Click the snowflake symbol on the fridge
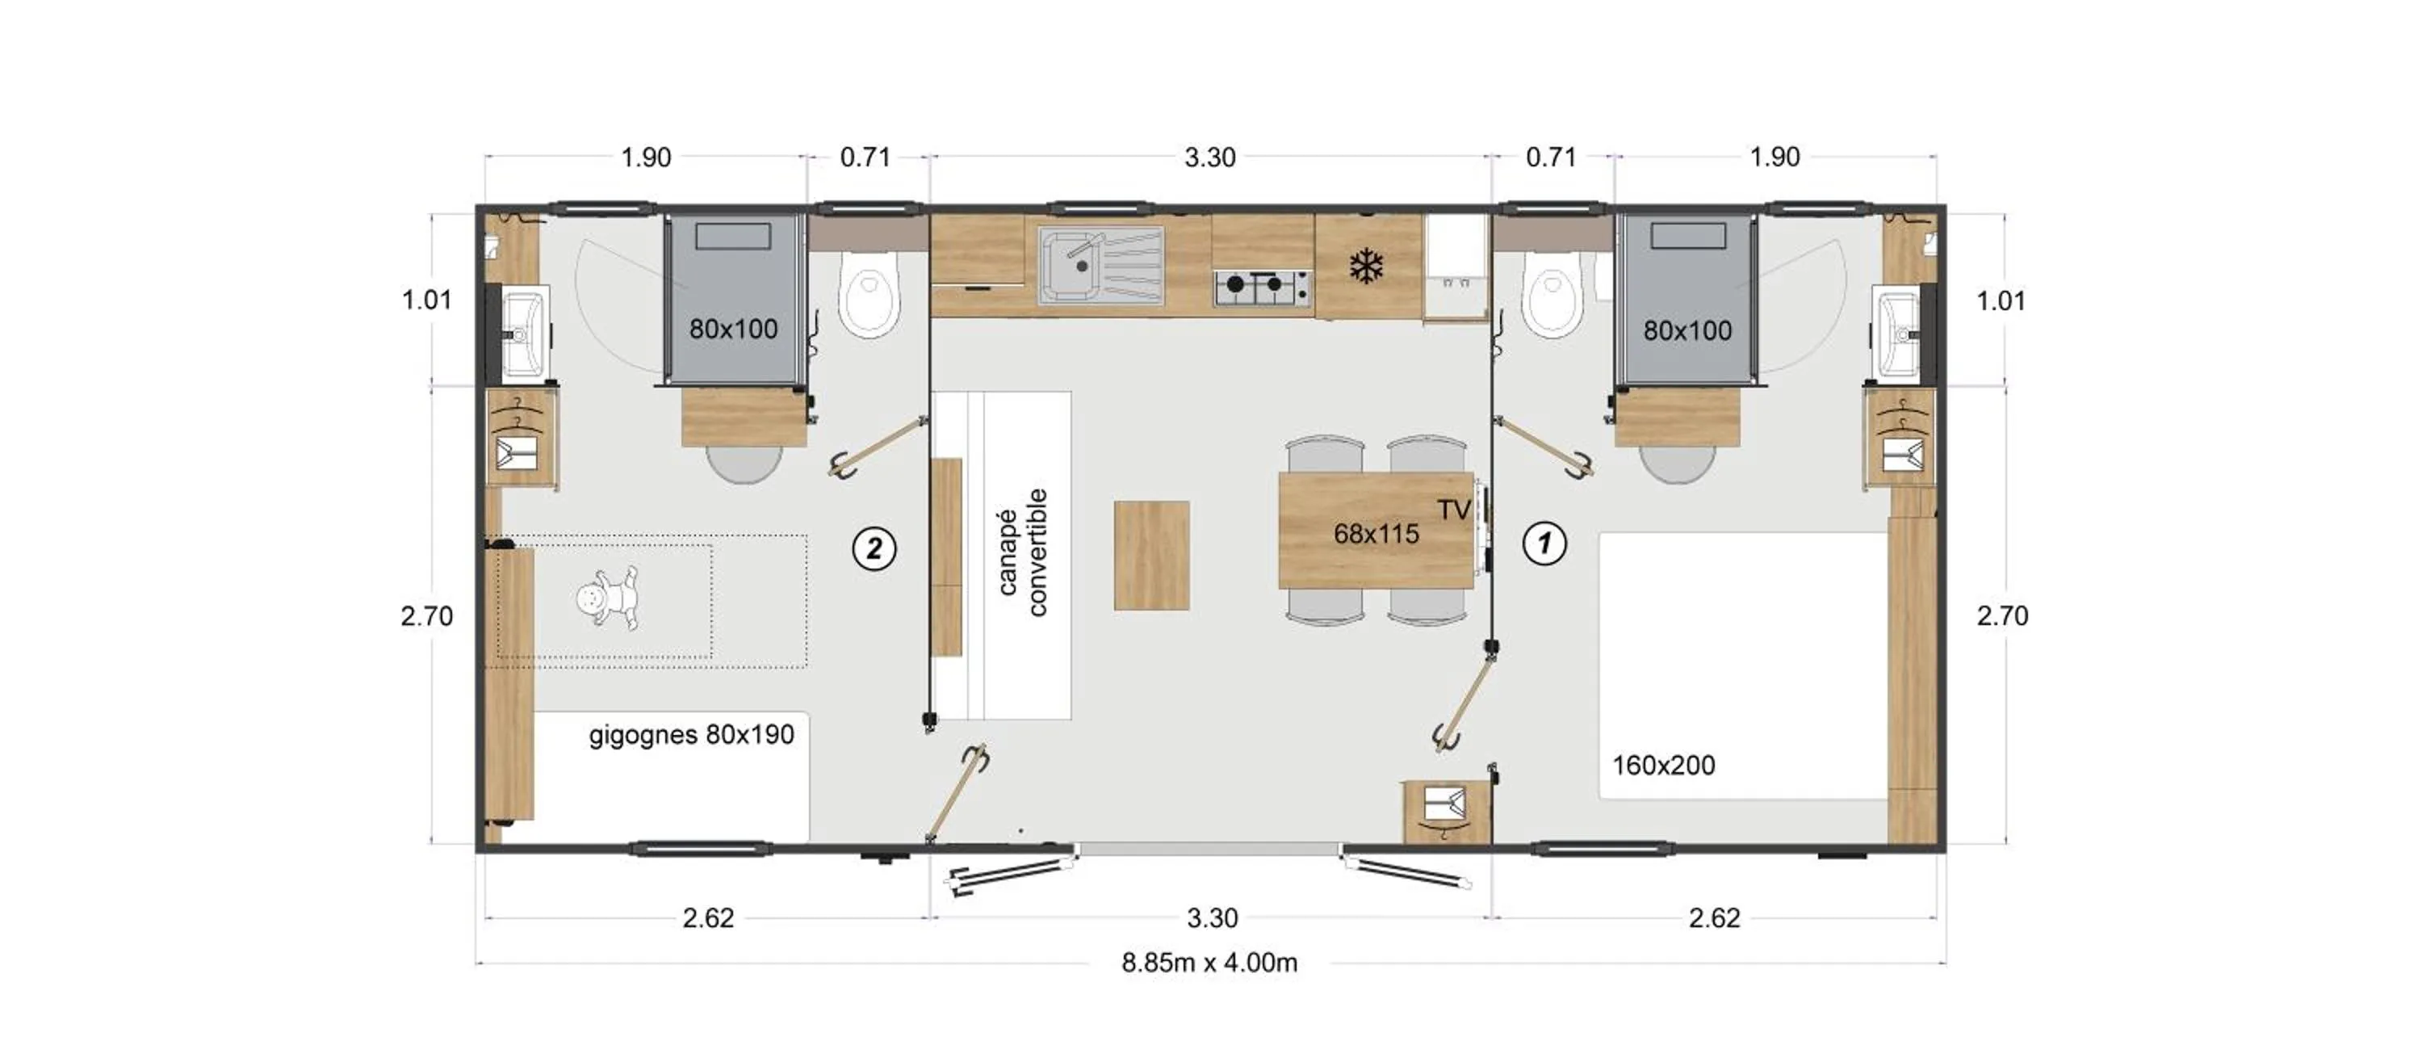1366,267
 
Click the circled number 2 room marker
874,548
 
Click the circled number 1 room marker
1544,544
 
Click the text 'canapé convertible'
1022,554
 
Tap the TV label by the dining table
1453,510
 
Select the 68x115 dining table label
1376,534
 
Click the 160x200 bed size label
1663,766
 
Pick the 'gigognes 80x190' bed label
691,734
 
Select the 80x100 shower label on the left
733,330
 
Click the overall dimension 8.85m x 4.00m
1209,963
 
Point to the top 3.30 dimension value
1209,158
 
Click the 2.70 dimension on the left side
427,616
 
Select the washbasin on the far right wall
1899,334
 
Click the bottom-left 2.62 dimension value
707,917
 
